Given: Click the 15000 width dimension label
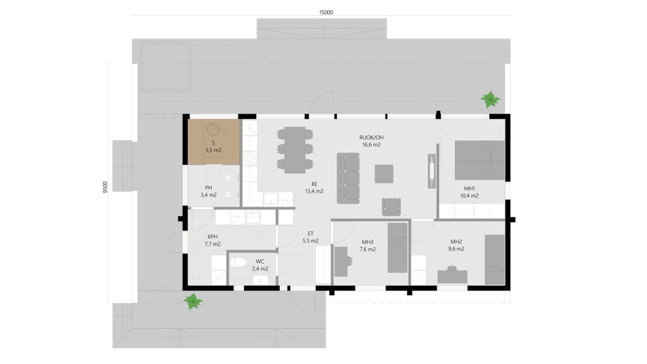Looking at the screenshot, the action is pyautogui.click(x=325, y=13).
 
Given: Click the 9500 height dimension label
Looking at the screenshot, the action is pyautogui.click(x=106, y=187).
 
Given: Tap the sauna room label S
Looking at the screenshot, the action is pyautogui.click(x=214, y=143).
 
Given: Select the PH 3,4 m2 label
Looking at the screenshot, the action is pyautogui.click(x=209, y=191).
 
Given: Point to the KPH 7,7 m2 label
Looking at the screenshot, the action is pyautogui.click(x=212, y=241).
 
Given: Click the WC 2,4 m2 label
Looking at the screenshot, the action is pyautogui.click(x=260, y=265).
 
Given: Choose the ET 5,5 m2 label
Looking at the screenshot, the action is pyautogui.click(x=311, y=238).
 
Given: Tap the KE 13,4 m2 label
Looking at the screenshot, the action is pyautogui.click(x=314, y=188).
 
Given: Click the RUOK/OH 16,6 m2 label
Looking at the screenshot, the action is pyautogui.click(x=372, y=141).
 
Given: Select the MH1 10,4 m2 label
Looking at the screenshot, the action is pyautogui.click(x=469, y=192).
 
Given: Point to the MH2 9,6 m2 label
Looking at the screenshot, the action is pyautogui.click(x=456, y=245).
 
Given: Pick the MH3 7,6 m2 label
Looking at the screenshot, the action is pyautogui.click(x=367, y=246).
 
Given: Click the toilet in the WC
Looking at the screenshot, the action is pyautogui.click(x=238, y=262).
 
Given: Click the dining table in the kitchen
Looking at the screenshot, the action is pyautogui.click(x=294, y=150).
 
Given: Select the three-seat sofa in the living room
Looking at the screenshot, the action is pyautogui.click(x=348, y=178).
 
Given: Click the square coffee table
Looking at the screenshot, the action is pyautogui.click(x=384, y=174).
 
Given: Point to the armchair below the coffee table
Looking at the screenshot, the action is pyautogui.click(x=391, y=207).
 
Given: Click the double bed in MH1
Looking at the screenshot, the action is pyautogui.click(x=480, y=160).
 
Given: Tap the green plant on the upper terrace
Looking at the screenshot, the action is pyautogui.click(x=490, y=99).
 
